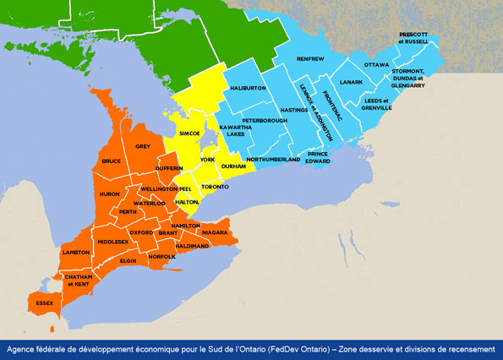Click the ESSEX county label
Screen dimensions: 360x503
[43, 303]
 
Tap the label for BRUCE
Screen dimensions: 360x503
[111, 161]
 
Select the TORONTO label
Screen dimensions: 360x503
[216, 186]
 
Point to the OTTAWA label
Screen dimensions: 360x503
[376, 65]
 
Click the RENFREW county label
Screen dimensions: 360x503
[310, 59]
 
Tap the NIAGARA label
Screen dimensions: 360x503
[216, 232]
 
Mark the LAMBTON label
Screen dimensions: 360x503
[76, 253]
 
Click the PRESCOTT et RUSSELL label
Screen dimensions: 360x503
[414, 38]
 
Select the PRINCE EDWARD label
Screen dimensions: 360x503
[317, 157]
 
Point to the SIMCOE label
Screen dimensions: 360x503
[189, 134]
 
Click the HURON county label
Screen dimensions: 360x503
[110, 194]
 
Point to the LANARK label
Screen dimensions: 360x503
[350, 82]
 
